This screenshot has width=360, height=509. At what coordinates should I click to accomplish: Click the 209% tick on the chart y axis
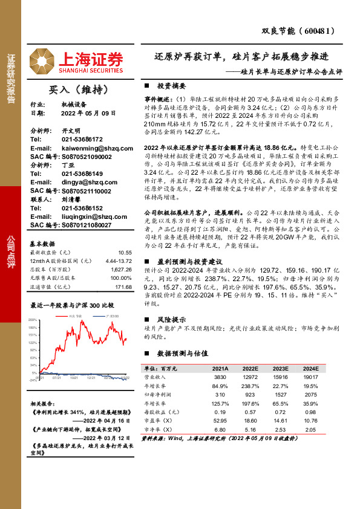[33, 319]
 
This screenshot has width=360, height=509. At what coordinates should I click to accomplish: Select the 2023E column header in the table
[280, 368]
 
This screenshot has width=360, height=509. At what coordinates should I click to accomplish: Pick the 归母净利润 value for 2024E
[310, 394]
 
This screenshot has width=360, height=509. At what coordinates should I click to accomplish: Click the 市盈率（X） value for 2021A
[220, 420]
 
